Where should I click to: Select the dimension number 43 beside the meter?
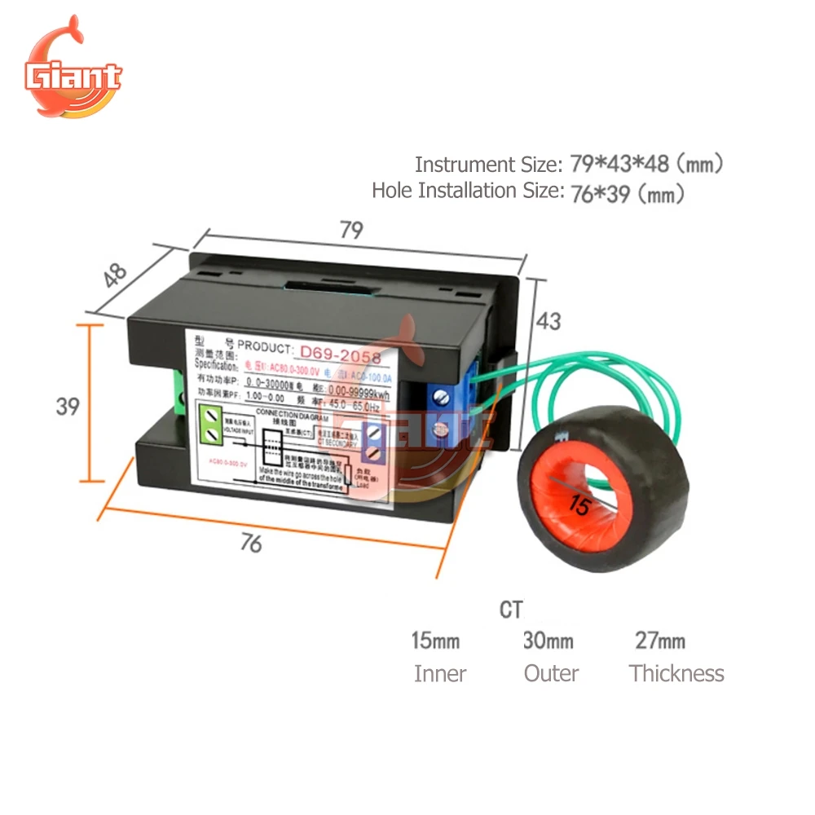[x=548, y=321]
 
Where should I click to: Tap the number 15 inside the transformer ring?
[x=580, y=506]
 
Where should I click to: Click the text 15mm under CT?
[x=435, y=641]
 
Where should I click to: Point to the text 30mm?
[x=548, y=641]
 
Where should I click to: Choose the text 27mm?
[x=660, y=641]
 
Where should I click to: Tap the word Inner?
[x=440, y=674]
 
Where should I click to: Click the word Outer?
[x=551, y=674]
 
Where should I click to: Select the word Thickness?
[x=676, y=674]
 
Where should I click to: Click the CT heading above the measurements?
[x=511, y=610]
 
